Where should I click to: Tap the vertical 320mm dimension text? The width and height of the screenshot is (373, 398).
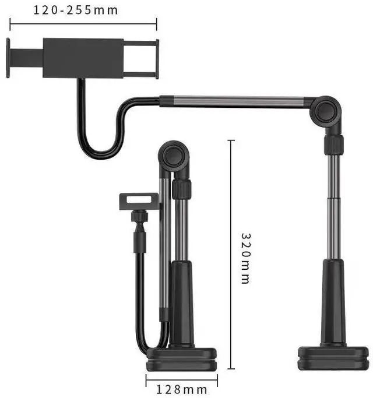point(246,258)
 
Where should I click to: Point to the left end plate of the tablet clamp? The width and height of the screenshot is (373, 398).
point(8,58)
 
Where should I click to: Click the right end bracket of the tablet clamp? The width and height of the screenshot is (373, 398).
point(153,58)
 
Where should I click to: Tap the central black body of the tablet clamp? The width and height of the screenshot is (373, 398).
point(83,58)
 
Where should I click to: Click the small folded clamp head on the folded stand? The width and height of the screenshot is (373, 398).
point(138,202)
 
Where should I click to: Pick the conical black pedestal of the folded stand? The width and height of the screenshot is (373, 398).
point(181,303)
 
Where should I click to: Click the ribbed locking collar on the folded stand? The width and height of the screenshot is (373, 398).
point(182,189)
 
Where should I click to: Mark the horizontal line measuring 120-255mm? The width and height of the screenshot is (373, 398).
point(83,24)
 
